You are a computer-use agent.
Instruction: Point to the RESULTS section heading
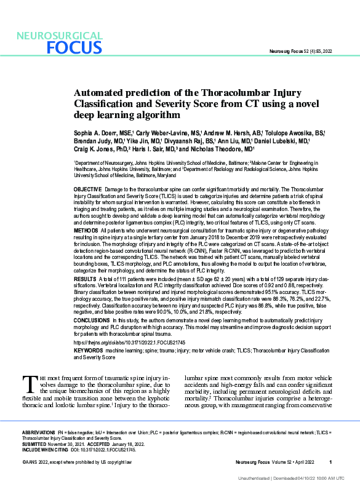point(85,279)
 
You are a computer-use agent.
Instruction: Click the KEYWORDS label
point(89,350)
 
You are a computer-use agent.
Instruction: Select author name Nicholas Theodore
point(223,149)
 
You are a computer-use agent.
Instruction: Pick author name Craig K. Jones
point(94,149)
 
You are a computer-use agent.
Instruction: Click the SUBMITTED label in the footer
point(34,444)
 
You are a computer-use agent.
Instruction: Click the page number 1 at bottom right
point(330,462)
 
